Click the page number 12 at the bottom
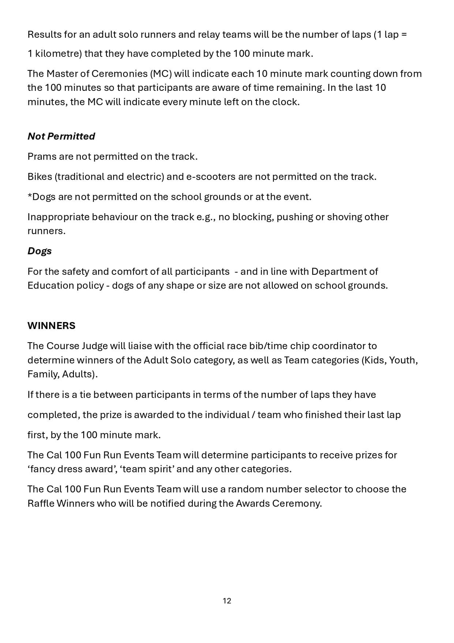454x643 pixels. (227, 600)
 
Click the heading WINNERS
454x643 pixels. (51, 326)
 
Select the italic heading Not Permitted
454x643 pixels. (61, 136)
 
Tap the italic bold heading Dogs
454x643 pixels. (40, 251)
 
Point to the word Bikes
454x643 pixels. (40, 177)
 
